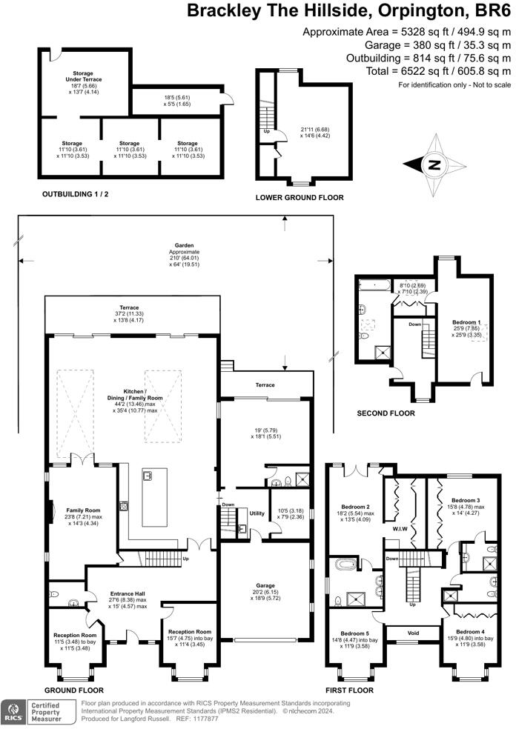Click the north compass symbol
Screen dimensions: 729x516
434,164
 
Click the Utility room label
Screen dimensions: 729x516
257,513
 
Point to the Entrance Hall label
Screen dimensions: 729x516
128,593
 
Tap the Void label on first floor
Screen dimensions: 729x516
413,632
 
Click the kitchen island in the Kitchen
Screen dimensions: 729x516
154,497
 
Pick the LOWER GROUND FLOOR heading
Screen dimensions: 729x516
299,198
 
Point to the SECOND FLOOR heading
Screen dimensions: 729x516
386,413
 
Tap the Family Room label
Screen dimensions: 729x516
83,510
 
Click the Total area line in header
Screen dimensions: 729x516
429,71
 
